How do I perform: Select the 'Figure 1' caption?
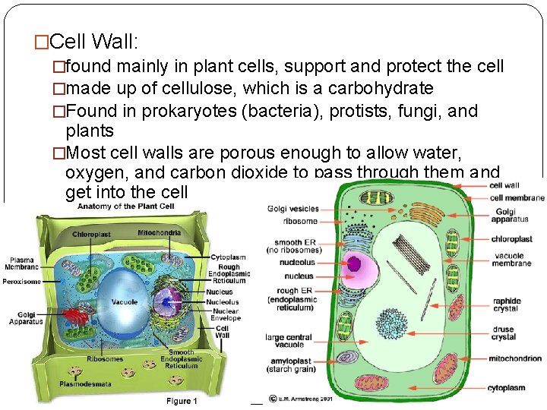pos(182,401)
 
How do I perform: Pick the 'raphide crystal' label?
pos(507,305)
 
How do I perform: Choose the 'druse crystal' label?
pos(504,333)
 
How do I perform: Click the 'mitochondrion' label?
pos(515,359)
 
